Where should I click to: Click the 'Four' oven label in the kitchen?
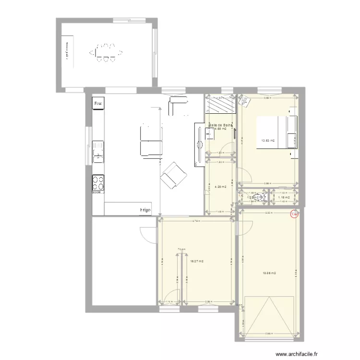pos(98,103)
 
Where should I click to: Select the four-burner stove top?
pos(98,183)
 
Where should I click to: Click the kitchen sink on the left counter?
pos(98,155)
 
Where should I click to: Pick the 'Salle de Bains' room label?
pos(220,125)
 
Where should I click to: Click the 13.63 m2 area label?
pos(268,141)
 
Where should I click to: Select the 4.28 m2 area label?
pos(220,186)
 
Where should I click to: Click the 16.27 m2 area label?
pos(197,262)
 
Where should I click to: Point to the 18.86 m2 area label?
pos(269,273)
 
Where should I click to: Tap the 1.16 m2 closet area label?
pos(284,197)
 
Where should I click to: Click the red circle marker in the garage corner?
pos(295,215)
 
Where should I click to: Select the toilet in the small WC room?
pos(260,197)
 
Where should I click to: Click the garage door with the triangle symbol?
pos(269,317)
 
